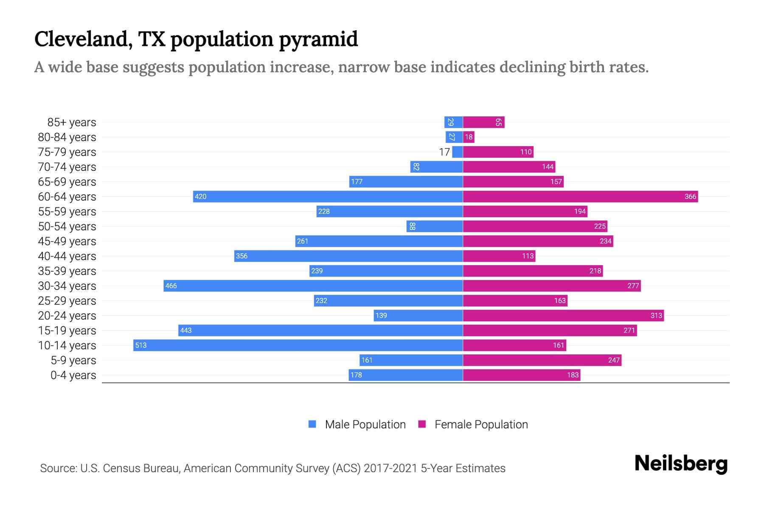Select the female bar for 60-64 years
coord(580,196)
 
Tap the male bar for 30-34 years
coord(313,286)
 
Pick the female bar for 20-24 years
coord(563,315)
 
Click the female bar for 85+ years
coord(483,122)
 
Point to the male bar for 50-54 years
coord(435,226)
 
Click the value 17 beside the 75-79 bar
coord(444,152)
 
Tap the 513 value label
coord(141,346)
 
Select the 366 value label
coord(690,196)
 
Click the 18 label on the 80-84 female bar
coord(469,137)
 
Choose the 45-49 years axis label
coord(67,241)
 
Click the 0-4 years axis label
coord(73,375)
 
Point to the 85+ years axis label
coord(71,122)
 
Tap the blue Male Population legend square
coord(312,424)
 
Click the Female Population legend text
coord(481,424)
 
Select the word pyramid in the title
coord(318,40)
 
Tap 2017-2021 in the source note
coord(390,468)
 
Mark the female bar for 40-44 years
coord(499,256)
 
